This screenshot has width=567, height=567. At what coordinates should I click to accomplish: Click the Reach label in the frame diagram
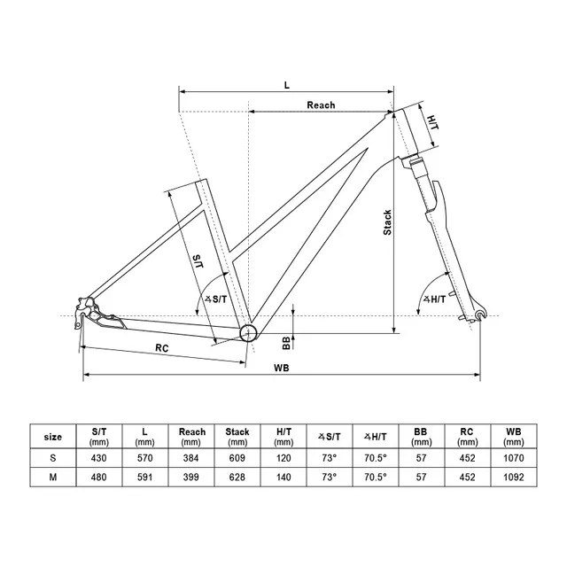321,105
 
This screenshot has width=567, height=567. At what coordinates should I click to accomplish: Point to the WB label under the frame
282,367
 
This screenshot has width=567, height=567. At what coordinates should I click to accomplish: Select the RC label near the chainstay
161,348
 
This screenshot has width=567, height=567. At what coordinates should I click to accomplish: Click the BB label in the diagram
274,344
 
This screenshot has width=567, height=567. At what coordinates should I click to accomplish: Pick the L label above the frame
286,84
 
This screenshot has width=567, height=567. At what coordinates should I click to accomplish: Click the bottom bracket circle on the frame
249,332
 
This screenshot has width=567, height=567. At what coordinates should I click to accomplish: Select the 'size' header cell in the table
53,437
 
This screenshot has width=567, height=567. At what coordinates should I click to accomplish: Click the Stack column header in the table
237,437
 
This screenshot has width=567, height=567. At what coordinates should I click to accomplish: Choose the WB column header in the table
514,437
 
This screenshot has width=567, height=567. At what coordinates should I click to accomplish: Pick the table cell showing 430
99,458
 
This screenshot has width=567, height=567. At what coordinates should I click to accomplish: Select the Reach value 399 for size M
191,477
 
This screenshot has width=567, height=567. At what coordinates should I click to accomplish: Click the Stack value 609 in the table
237,458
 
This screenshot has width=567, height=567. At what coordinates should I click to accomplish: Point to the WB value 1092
514,477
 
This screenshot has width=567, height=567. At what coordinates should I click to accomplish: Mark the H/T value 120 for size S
283,458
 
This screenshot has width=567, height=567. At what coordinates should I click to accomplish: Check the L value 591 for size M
145,477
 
